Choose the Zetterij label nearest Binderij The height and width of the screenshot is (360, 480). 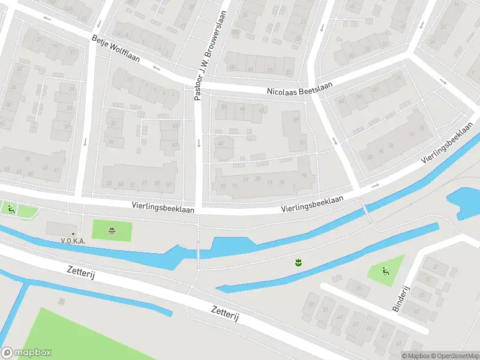(x=225, y=312)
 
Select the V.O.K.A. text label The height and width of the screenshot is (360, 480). (x=73, y=241)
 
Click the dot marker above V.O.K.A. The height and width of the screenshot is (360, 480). (x=73, y=233)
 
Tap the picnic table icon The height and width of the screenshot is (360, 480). (x=112, y=230)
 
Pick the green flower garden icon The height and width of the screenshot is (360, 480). (x=297, y=262)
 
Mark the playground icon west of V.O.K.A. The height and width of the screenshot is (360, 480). (x=11, y=209)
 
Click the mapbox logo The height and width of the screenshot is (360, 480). (x=26, y=353)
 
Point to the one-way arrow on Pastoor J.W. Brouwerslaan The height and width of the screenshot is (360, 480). (x=199, y=143)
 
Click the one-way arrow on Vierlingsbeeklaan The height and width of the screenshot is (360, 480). (x=375, y=185)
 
